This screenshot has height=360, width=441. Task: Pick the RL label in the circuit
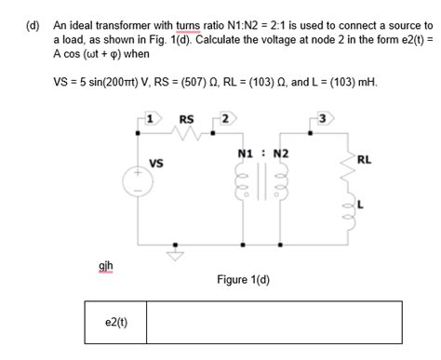pos(364,160)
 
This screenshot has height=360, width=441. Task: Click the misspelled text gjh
pos(107,268)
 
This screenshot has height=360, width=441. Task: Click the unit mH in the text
pos(368,82)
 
